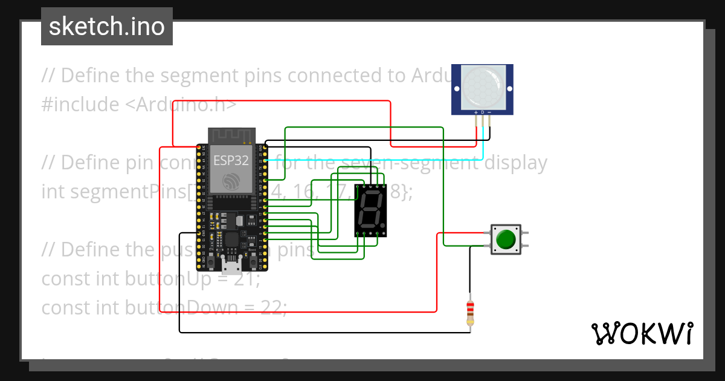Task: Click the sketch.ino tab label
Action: pyautogui.click(x=107, y=27)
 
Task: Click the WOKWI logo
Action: pyautogui.click(x=642, y=333)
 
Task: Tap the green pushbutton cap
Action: pyautogui.click(x=506, y=239)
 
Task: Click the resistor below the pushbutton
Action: pyautogui.click(x=470, y=311)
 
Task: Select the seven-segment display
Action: pyautogui.click(x=370, y=210)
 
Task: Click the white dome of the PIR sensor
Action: pyautogui.click(x=482, y=86)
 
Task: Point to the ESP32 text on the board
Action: pyautogui.click(x=231, y=160)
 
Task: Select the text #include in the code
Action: pyautogui.click(x=80, y=105)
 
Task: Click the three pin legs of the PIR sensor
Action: pyautogui.click(x=483, y=127)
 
